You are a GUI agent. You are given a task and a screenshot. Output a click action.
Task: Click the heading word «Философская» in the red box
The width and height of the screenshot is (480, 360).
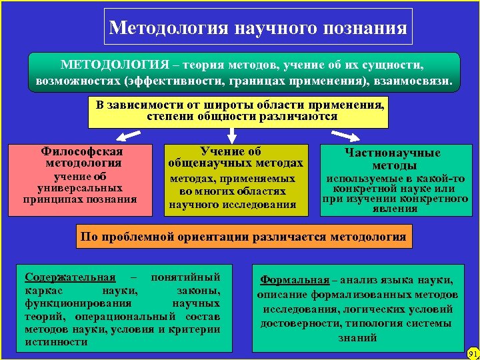coord(82,151)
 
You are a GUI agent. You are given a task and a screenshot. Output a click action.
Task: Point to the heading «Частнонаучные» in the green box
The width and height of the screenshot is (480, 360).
coord(392,153)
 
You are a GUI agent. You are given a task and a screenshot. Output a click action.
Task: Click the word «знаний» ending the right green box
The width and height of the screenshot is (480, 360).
coord(358,338)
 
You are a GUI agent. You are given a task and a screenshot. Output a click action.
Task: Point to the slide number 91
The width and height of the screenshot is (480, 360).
coord(473,353)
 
